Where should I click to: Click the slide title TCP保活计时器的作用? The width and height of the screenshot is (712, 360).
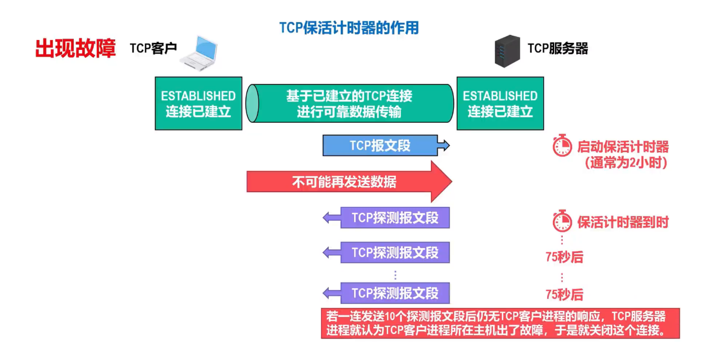[x=349, y=28]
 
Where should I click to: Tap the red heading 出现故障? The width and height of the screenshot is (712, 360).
[x=76, y=49]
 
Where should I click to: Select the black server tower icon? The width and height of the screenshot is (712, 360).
[x=507, y=51]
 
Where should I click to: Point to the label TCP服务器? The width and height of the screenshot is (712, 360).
[x=558, y=49]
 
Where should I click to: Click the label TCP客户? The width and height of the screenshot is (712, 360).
[x=153, y=49]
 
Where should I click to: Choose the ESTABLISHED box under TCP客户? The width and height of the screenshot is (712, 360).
[x=198, y=103]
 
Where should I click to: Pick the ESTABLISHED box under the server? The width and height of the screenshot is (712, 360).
[x=500, y=103]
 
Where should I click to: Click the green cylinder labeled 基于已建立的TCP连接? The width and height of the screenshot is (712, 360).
[x=350, y=103]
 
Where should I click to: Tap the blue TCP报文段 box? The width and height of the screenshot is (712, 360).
[x=380, y=146]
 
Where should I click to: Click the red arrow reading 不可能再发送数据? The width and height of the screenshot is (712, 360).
[x=344, y=182]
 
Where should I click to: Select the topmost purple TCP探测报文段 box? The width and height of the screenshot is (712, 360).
[x=394, y=218]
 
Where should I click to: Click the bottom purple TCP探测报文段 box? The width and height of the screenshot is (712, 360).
[x=394, y=293]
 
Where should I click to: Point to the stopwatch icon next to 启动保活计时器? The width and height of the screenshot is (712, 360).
[x=562, y=146]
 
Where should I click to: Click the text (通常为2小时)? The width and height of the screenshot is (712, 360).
[x=626, y=163]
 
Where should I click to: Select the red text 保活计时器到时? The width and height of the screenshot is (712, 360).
[x=623, y=222]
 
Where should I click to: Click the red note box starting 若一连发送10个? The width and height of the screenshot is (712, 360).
[x=500, y=323]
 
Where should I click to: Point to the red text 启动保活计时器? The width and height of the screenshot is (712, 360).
[x=623, y=147]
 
